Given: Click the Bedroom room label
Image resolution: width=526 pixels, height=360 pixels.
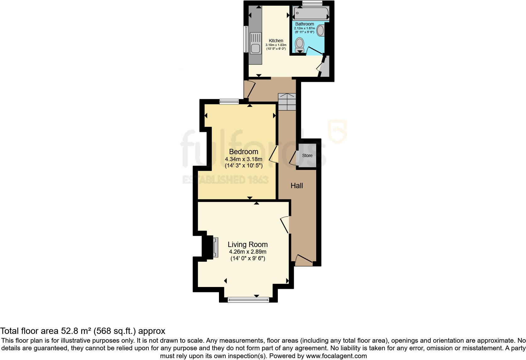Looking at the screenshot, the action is [243, 152].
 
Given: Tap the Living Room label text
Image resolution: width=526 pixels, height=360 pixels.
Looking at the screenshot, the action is [248, 245].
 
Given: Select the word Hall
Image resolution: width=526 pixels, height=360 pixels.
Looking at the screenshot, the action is [297, 186].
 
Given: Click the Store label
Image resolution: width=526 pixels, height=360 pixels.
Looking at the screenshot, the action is [307, 155].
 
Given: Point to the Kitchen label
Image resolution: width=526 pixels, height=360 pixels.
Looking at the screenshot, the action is [276, 41].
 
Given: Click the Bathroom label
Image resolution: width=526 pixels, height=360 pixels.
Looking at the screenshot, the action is [305, 24].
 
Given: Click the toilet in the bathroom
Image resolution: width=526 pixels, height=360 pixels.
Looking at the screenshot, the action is [299, 45].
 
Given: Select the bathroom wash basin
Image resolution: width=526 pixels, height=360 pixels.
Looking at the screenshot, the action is [321, 31].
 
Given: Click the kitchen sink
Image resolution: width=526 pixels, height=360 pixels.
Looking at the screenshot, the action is [255, 43].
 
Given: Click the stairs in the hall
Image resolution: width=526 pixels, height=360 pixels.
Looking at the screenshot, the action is [287, 102].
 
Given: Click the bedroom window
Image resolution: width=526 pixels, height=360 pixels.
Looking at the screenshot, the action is [229, 102].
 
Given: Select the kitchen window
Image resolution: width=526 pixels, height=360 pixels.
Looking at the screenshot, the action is [246, 39].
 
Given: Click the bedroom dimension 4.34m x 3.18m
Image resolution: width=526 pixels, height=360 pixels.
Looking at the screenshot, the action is [243, 159].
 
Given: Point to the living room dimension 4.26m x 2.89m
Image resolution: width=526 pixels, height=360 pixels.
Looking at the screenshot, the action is [248, 252].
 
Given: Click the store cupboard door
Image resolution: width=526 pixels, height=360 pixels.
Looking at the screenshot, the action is [293, 158].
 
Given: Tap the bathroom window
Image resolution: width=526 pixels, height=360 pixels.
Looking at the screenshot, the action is [312, 3].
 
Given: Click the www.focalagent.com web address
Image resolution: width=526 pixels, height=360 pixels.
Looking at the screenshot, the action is [336, 356].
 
